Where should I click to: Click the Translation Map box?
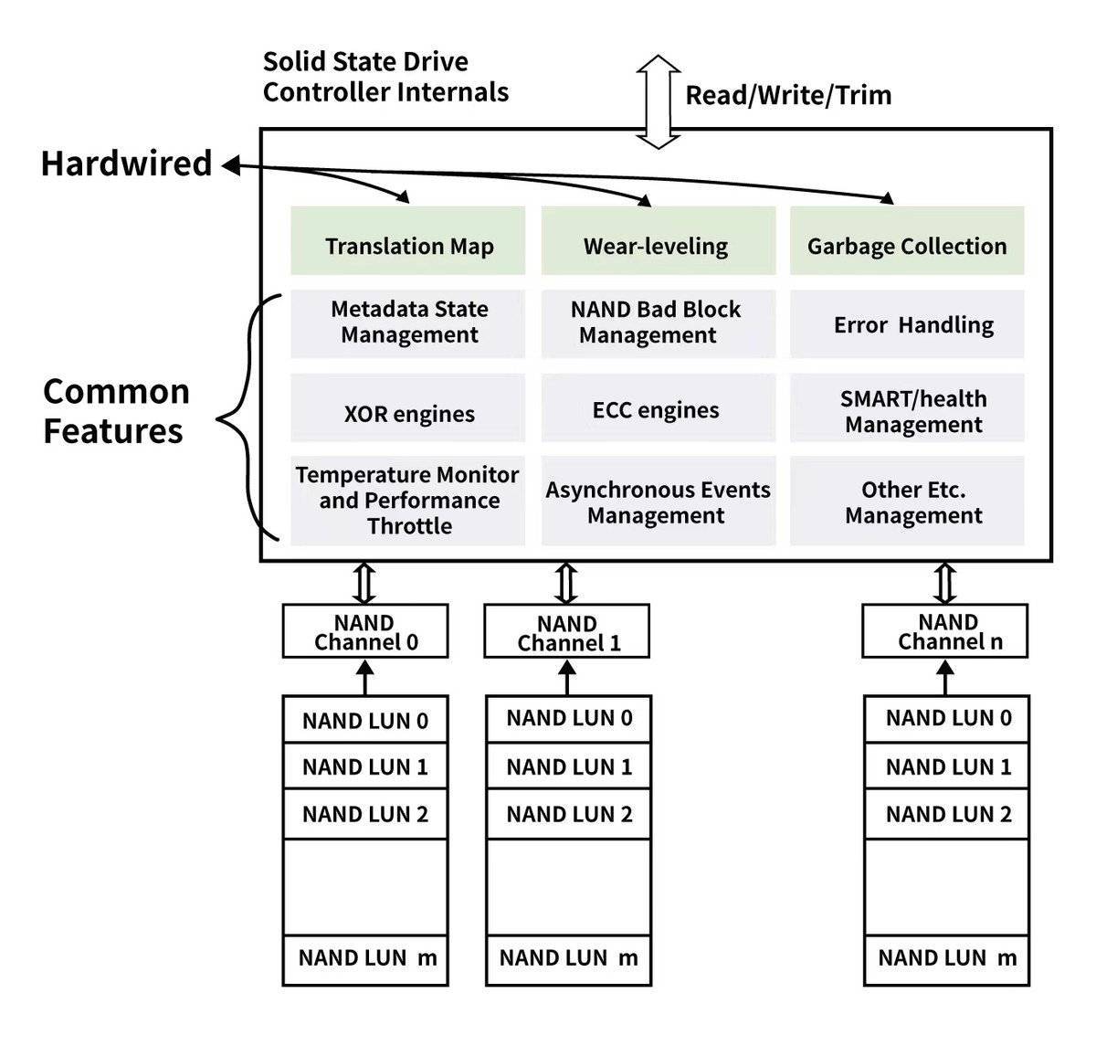click(408, 241)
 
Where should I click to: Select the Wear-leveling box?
click(658, 241)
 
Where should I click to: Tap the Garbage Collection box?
click(906, 241)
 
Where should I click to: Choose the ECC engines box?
click(658, 409)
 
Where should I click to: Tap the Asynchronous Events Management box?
click(658, 502)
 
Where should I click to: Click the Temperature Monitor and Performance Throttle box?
click(408, 502)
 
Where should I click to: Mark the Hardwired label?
click(126, 164)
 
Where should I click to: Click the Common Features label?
click(115, 411)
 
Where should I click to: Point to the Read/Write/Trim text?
click(787, 95)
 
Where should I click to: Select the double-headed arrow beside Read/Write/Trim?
click(658, 101)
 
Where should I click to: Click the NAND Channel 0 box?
click(365, 631)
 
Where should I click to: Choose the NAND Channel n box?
click(945, 631)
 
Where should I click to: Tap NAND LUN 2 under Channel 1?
click(568, 814)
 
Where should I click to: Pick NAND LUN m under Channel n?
click(946, 958)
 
